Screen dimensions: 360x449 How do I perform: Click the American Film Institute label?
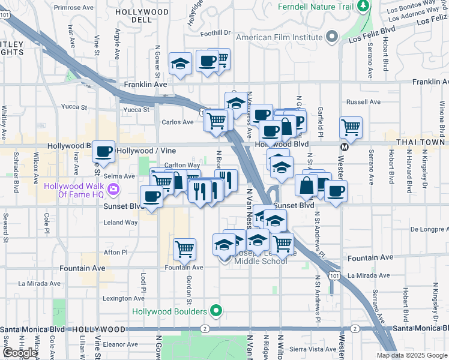click(x=280, y=37)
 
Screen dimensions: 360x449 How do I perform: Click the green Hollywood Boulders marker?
click(x=217, y=311)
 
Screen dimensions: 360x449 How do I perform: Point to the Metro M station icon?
click(x=345, y=146)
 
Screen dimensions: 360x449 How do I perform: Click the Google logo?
click(x=20, y=353)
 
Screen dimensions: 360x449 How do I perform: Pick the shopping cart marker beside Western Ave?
click(x=351, y=128)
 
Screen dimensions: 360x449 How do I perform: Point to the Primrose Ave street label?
click(x=70, y=8)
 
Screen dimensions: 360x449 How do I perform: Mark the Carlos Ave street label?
click(x=178, y=122)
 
